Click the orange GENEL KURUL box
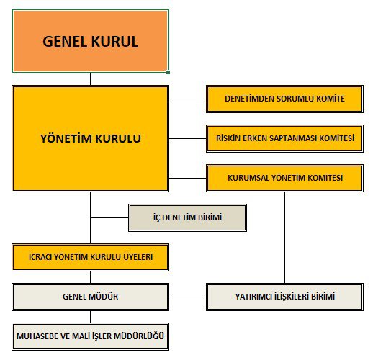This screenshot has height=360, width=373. point(90,41)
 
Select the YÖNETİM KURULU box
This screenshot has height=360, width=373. point(90,138)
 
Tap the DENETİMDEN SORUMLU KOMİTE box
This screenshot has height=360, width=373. point(284,99)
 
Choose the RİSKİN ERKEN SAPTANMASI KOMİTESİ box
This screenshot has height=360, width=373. point(284,138)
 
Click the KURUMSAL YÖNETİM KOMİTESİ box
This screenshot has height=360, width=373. point(284,178)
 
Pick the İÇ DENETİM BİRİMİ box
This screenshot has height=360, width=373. point(187,217)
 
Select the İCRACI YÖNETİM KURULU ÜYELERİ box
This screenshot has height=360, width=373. point(90,257)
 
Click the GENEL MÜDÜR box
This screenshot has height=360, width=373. point(90,297)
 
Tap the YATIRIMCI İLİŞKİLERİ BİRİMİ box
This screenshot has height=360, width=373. point(284,297)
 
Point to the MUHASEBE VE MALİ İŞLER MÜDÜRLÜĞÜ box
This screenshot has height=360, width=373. point(90,336)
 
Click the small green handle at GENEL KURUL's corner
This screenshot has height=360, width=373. point(168,72)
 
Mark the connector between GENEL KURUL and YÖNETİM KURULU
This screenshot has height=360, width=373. point(90,79)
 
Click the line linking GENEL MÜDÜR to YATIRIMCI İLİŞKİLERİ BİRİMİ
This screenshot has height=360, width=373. point(187,297)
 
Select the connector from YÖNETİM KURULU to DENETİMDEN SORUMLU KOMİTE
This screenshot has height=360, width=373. point(187,99)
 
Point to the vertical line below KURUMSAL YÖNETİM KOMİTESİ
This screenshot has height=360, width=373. point(285,238)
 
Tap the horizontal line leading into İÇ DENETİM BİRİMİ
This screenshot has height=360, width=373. point(109,217)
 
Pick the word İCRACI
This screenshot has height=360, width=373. point(40,257)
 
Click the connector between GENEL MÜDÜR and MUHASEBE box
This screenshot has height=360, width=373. point(90,317)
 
